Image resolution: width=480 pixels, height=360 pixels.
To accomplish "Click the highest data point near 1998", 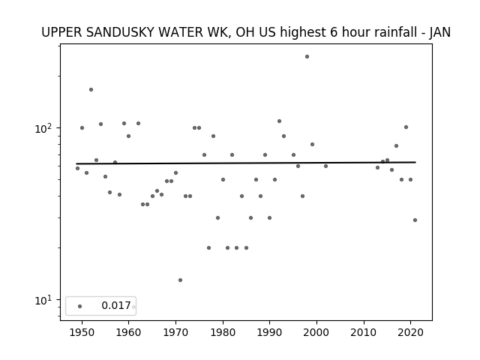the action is [307, 57].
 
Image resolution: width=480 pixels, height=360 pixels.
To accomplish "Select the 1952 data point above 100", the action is [91, 90].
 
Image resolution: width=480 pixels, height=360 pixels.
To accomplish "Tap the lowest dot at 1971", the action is [180, 280].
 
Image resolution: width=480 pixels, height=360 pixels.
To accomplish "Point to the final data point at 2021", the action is [415, 220].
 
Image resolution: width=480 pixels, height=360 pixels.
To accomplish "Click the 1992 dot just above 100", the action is [279, 121].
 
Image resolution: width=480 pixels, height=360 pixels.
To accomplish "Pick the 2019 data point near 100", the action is [406, 127].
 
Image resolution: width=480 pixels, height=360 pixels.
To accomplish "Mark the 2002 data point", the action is [325, 166].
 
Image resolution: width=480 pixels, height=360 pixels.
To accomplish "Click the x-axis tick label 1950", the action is [82, 332].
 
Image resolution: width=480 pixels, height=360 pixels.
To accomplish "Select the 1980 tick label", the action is [223, 332].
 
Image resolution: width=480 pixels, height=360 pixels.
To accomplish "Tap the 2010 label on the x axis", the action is [364, 332].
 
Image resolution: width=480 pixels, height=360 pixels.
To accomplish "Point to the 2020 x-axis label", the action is [410, 332].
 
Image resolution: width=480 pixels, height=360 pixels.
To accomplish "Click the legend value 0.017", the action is [116, 305].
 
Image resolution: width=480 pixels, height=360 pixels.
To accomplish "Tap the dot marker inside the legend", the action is [79, 306].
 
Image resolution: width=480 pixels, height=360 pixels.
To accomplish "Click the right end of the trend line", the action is [415, 162].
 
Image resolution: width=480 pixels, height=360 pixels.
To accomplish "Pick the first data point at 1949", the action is [77, 168].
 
